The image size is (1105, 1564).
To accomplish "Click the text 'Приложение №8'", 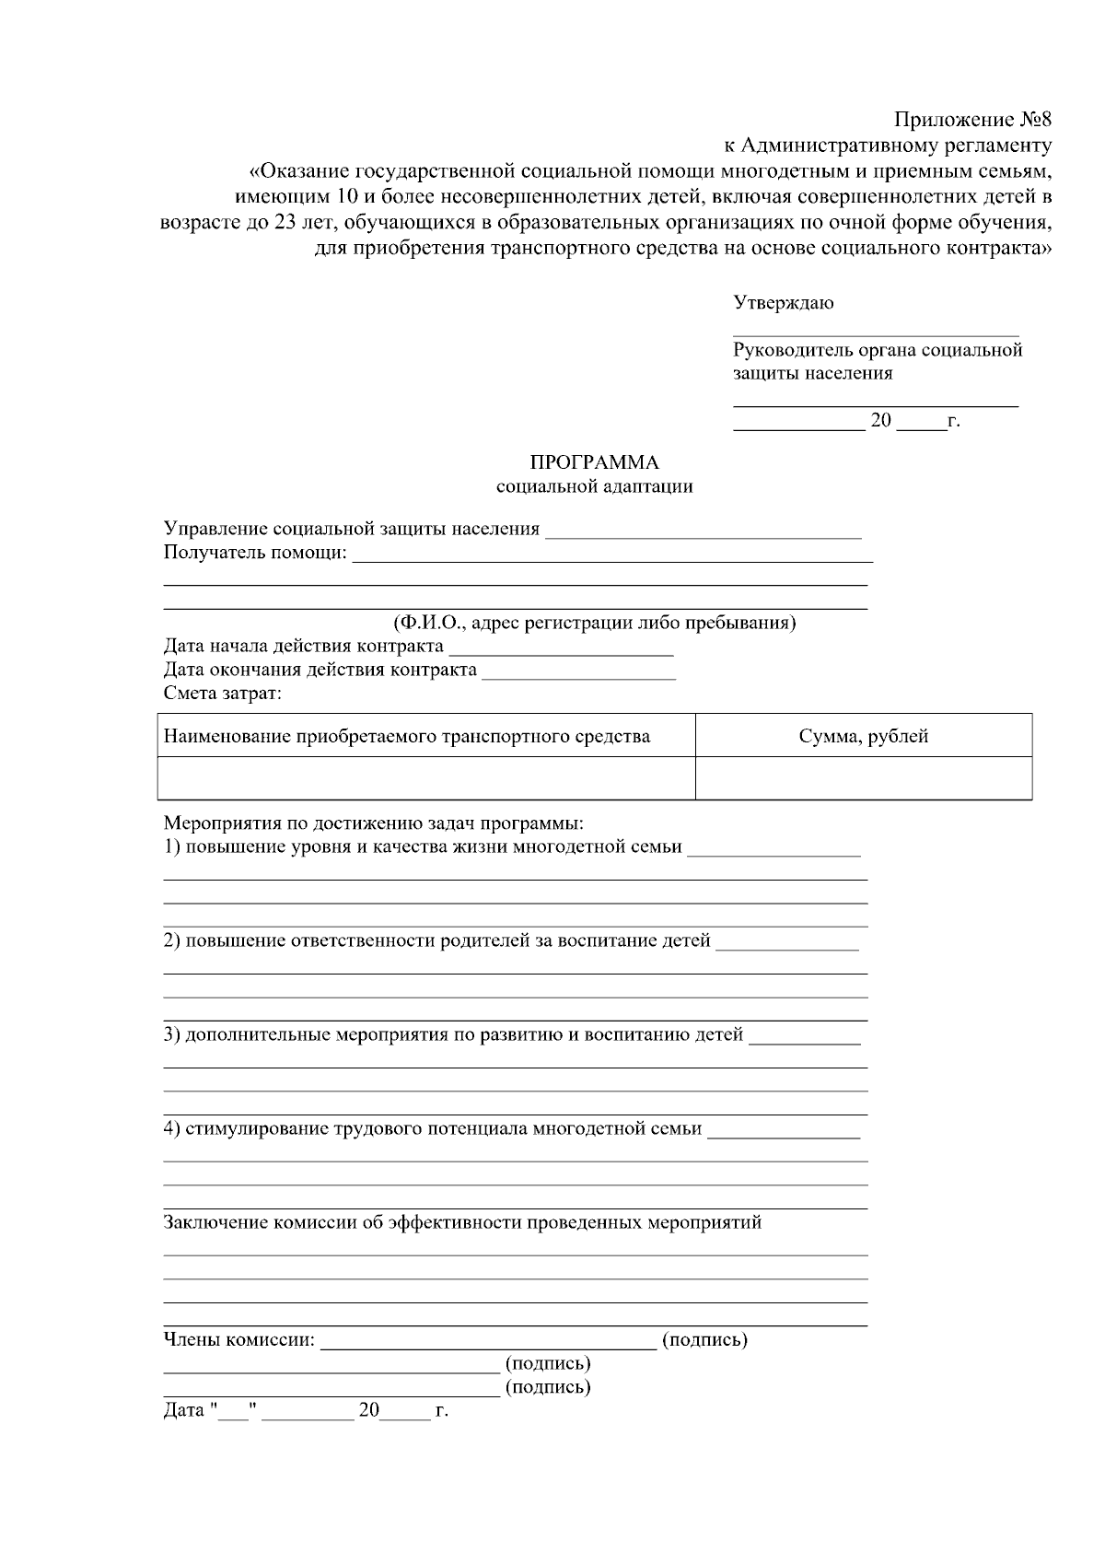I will (x=972, y=121).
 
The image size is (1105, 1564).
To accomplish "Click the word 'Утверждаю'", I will (x=784, y=303).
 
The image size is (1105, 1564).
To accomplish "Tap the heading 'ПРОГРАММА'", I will (x=594, y=462).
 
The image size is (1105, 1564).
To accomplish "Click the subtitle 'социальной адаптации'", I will (x=594, y=486).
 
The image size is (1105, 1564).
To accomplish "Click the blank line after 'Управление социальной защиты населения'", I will (x=704, y=531).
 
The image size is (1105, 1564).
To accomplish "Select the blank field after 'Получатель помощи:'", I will (x=612, y=555).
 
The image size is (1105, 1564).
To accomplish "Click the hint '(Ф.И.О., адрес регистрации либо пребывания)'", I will (x=594, y=623).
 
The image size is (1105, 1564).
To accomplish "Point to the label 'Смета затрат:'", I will (x=223, y=694).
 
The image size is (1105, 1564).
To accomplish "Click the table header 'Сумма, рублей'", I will (x=863, y=736).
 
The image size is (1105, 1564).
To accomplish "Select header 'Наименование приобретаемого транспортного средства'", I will (x=406, y=736).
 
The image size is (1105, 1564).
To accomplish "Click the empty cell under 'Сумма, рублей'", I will (x=863, y=778).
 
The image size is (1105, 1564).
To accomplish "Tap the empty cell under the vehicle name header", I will (x=425, y=778).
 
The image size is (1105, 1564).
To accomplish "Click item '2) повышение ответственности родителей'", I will (x=437, y=940).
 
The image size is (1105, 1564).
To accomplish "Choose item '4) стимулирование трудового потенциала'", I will (x=433, y=1128).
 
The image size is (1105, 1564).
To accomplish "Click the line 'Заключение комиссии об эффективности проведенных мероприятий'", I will (x=462, y=1223).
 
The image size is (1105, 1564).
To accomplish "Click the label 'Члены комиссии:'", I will (x=238, y=1340).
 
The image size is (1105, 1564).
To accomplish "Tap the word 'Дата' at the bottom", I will (x=183, y=1410).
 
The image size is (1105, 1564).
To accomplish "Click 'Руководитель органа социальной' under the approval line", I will (x=878, y=350).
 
